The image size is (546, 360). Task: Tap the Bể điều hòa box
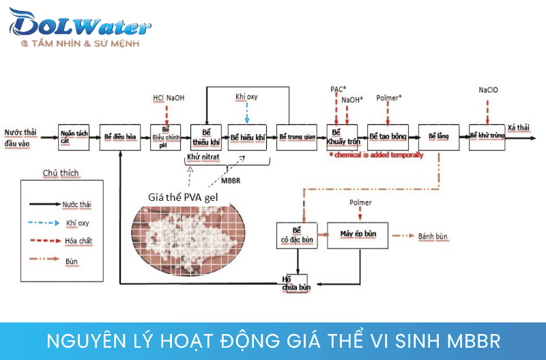pyautogui.click(x=120, y=137)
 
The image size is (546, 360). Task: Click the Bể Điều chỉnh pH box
pyautogui.click(x=165, y=137)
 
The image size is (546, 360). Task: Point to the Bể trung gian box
pyautogui.click(x=295, y=137)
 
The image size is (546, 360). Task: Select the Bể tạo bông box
pyautogui.click(x=387, y=137)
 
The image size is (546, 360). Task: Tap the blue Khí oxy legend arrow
pyautogui.click(x=44, y=223)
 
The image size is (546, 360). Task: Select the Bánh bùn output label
pyautogui.click(x=433, y=237)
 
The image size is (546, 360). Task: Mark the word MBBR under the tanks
pyautogui.click(x=231, y=182)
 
